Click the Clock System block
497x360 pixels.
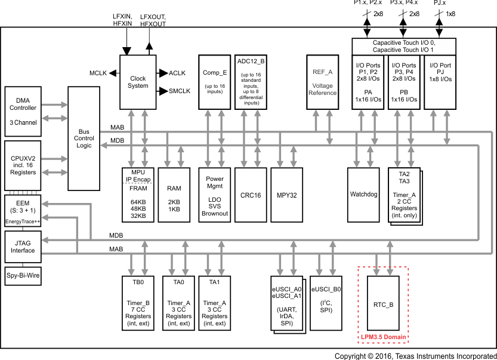point(138,82)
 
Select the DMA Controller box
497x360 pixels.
point(23,111)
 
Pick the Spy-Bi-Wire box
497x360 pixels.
point(23,276)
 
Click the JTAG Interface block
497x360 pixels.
point(23,247)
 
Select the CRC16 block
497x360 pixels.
point(250,195)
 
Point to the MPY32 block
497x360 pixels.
point(286,195)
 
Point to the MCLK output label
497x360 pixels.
point(98,73)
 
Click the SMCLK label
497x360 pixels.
point(180,91)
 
